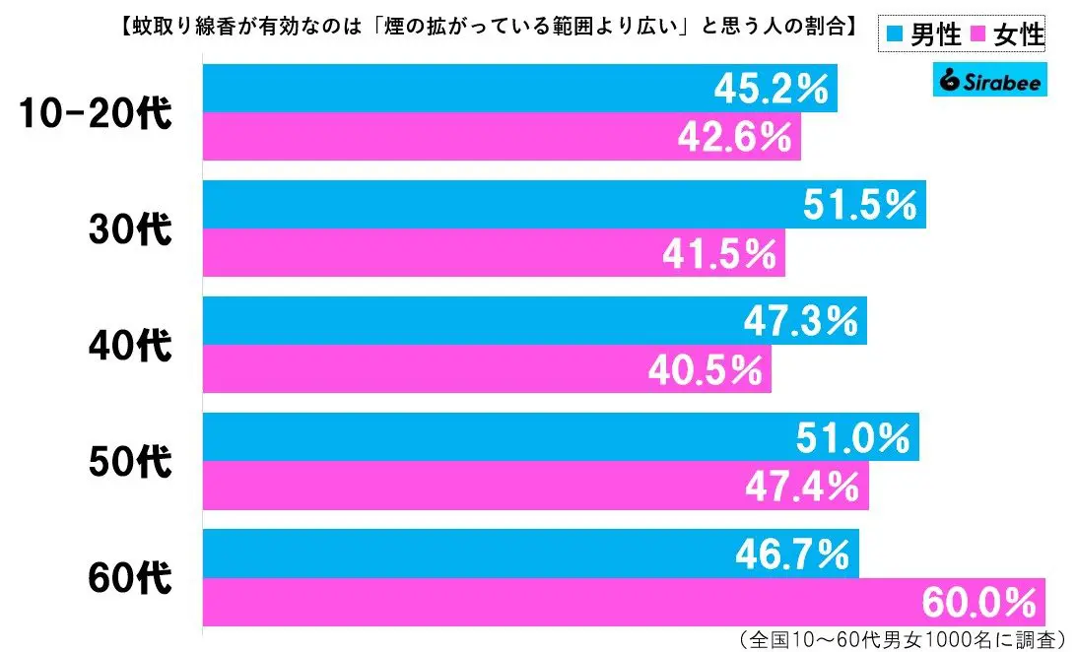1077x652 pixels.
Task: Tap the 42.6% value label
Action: tap(734, 137)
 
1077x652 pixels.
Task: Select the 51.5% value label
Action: tap(859, 206)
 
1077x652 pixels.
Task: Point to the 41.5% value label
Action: tap(719, 253)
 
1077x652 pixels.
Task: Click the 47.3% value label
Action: tap(801, 322)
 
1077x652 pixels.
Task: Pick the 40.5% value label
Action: tap(705, 369)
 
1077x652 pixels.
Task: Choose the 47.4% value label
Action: tap(803, 486)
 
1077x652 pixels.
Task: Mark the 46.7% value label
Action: tap(792, 554)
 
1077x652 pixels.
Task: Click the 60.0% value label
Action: tap(979, 602)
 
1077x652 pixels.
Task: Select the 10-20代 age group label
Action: tap(97, 113)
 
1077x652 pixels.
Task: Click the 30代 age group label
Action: tap(131, 229)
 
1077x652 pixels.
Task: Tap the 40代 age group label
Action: tap(131, 346)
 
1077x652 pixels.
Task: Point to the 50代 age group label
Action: tap(131, 462)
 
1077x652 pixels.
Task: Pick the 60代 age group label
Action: tap(131, 578)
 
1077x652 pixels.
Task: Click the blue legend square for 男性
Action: tap(893, 36)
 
